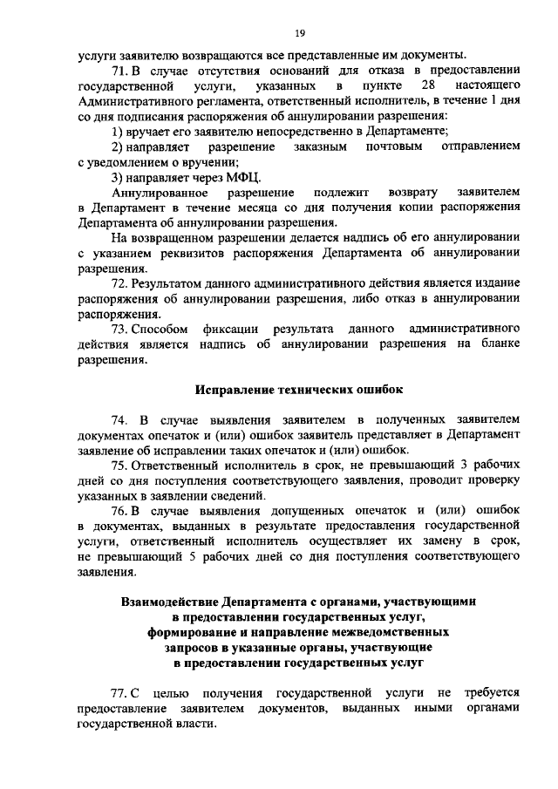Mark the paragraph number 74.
(x=122, y=419)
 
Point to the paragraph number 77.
(x=121, y=693)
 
